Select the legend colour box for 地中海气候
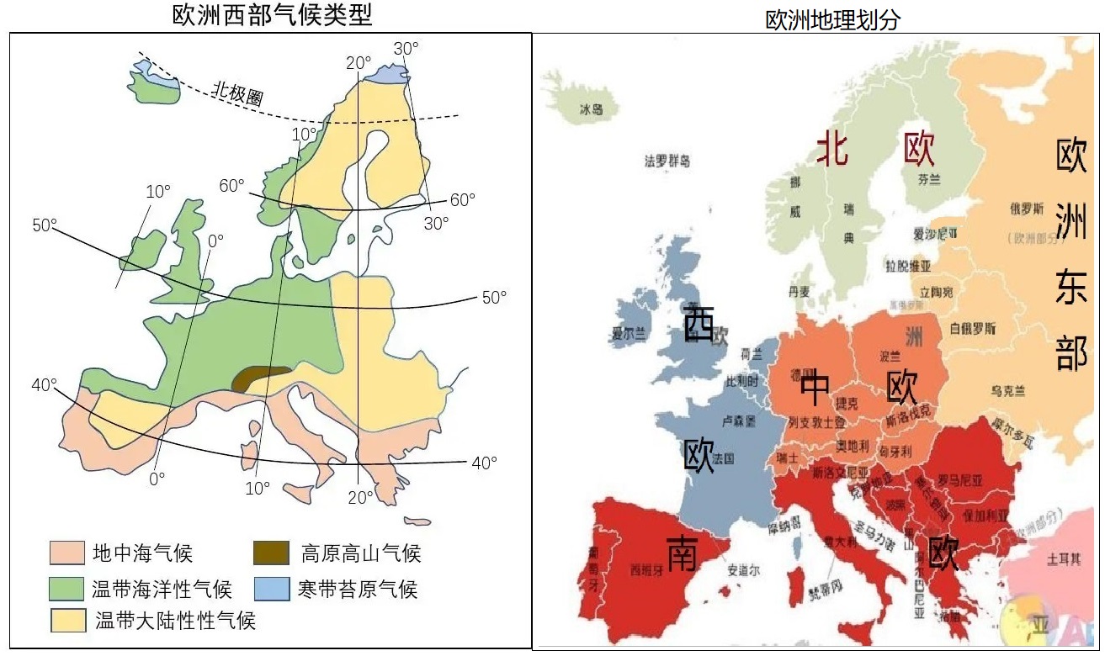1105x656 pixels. click(66, 553)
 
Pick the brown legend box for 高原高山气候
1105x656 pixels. click(272, 553)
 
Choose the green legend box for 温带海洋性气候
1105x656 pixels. click(66, 587)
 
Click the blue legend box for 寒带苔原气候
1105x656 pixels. click(272, 587)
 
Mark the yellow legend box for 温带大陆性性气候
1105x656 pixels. click(69, 620)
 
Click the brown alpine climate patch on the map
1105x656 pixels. click(260, 378)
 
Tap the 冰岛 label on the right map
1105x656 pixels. click(592, 110)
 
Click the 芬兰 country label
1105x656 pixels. click(929, 179)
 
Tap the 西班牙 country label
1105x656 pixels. click(646, 569)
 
